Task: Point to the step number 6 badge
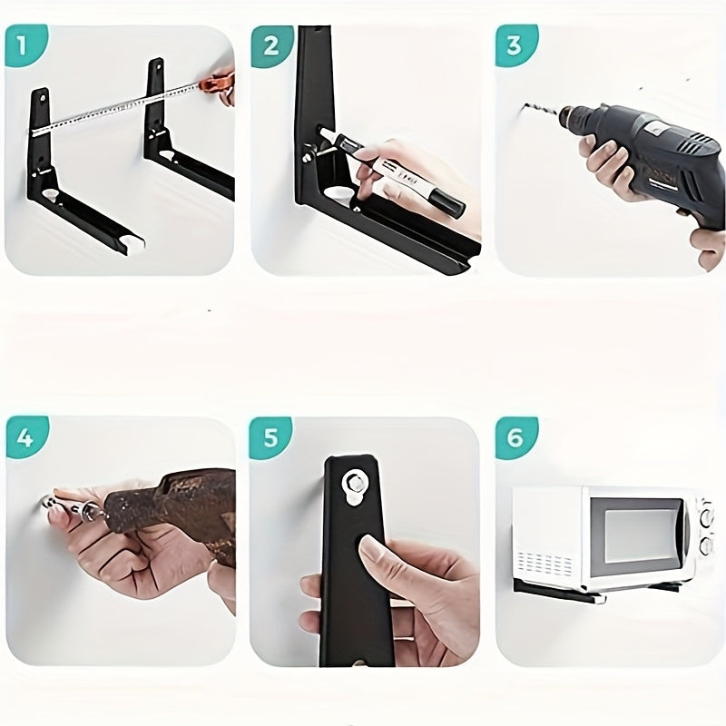point(515,437)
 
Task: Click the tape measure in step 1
point(118,109)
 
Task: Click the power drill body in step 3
point(649,150)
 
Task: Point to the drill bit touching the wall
point(540,113)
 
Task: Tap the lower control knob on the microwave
point(705,546)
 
